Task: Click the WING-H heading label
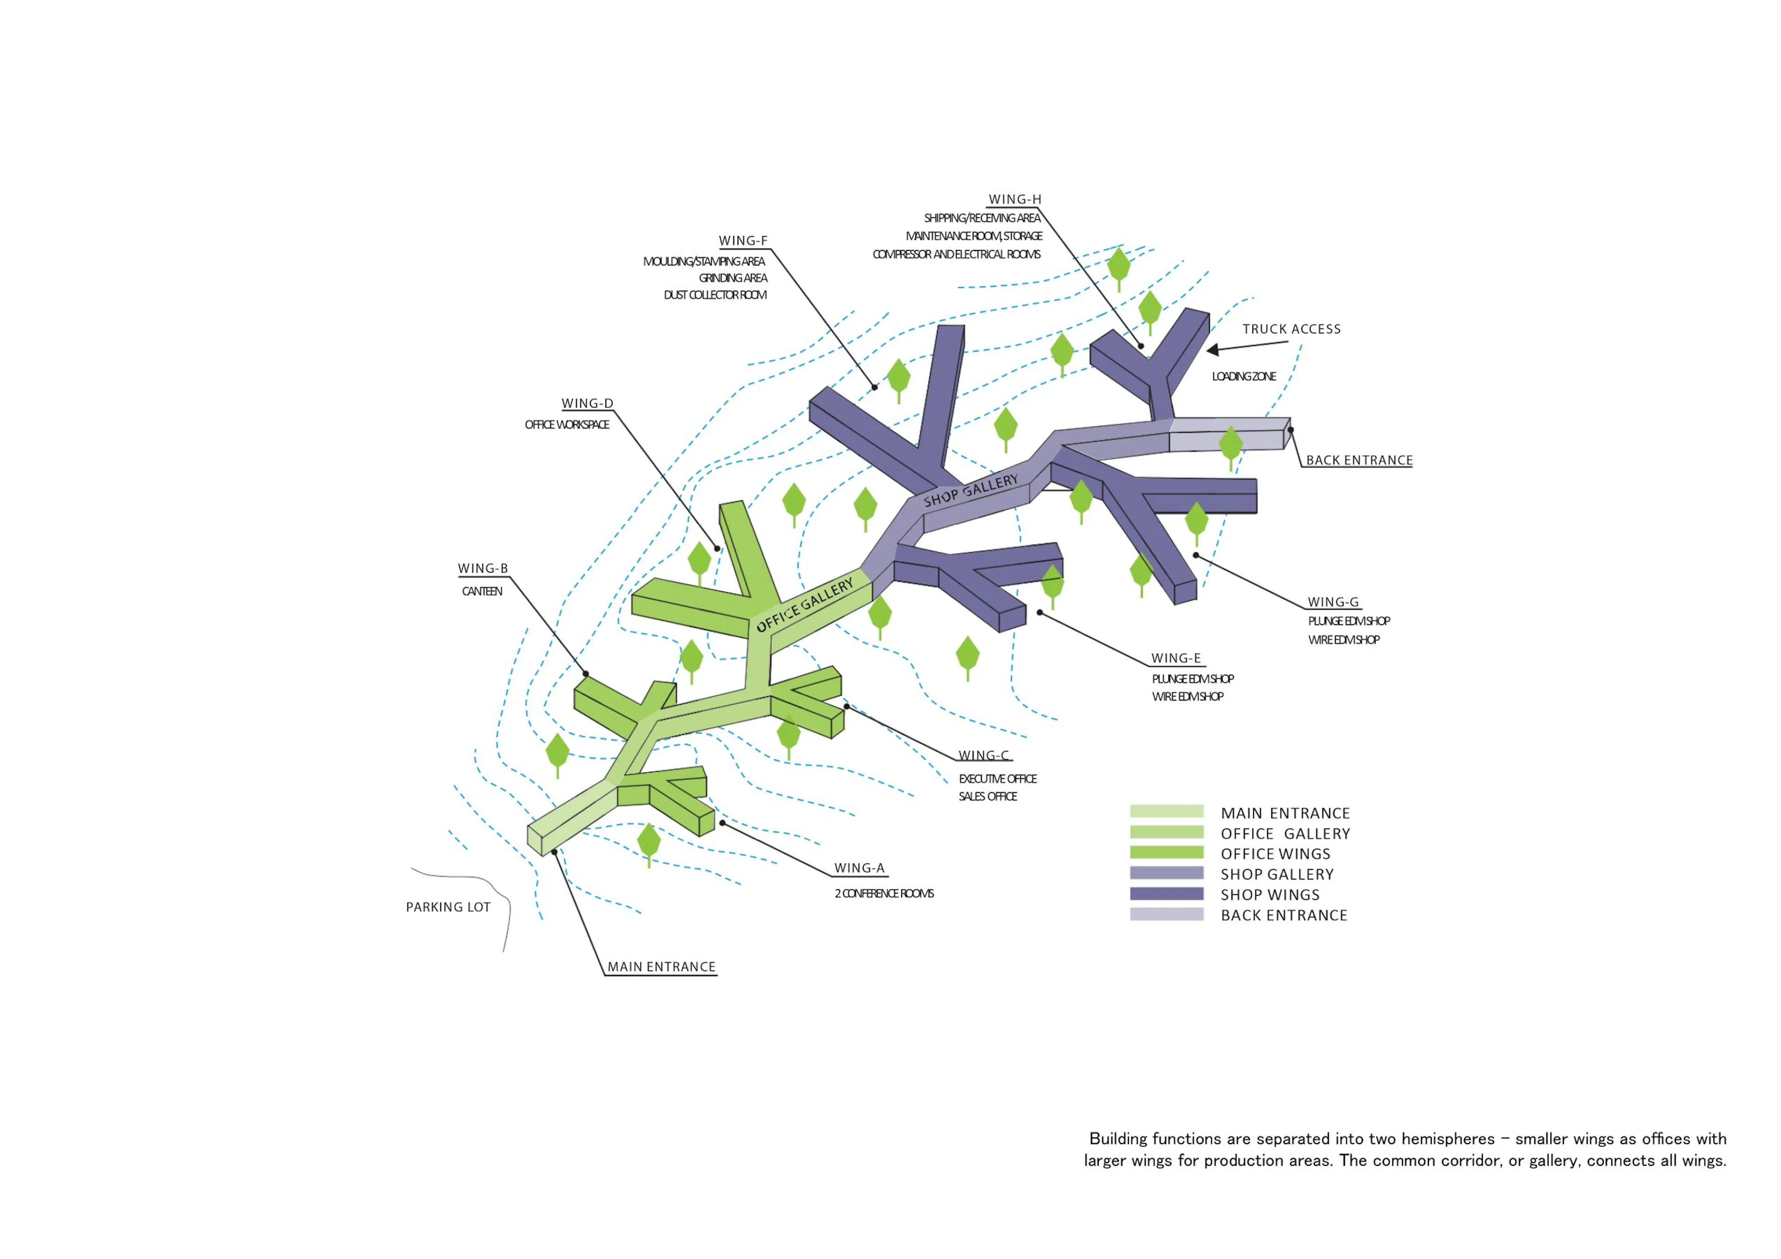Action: coord(1015,199)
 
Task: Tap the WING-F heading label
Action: coord(743,241)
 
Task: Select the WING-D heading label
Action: coord(587,403)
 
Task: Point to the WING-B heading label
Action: coord(482,569)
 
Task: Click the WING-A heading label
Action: coord(858,868)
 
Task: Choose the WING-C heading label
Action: coord(984,755)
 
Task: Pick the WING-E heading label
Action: coord(1176,658)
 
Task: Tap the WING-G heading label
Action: coord(1333,602)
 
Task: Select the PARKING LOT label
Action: coord(448,907)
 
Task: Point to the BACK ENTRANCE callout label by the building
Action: coord(1359,460)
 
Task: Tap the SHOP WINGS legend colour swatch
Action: coord(1166,894)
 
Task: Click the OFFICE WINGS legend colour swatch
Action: coord(1166,852)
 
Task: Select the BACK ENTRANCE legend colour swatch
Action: coord(1166,914)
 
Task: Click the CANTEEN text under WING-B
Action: coord(482,591)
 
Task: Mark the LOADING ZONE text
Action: coord(1243,376)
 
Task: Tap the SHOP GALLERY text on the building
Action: coord(970,490)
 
